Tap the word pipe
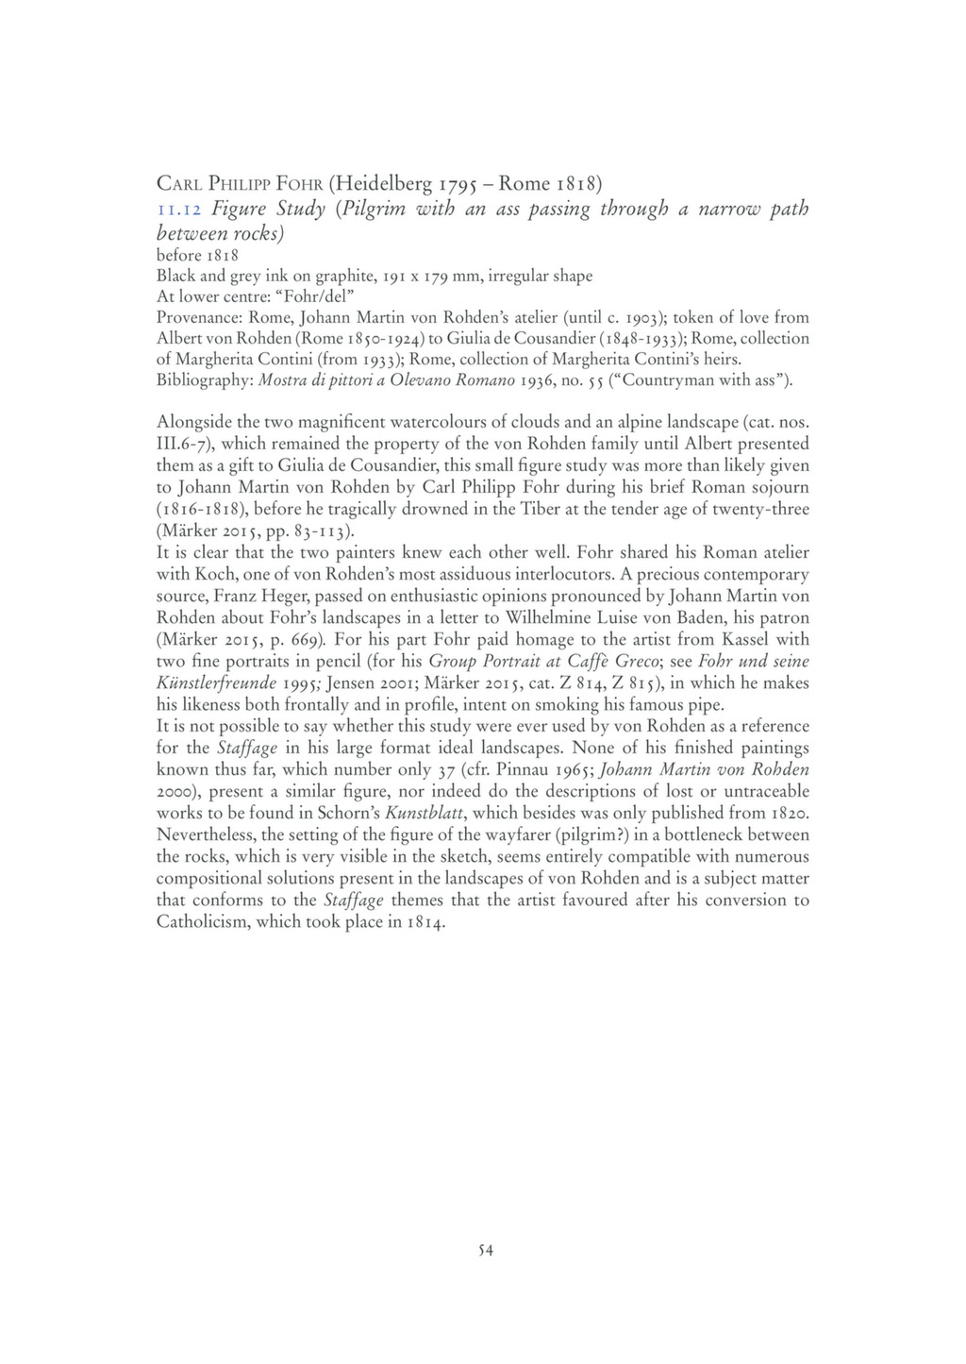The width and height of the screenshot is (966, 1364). [x=706, y=704]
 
